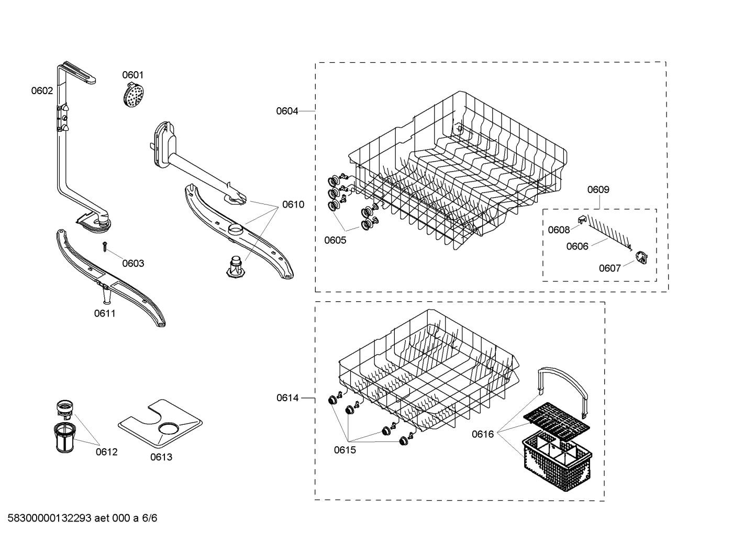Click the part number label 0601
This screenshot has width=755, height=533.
point(132,75)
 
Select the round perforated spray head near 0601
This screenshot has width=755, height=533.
point(132,96)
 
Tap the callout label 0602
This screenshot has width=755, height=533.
point(42,91)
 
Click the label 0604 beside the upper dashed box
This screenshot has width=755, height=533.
point(287,111)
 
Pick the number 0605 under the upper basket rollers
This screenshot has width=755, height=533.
point(335,241)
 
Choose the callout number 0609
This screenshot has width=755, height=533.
point(598,190)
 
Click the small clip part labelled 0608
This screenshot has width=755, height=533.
point(582,220)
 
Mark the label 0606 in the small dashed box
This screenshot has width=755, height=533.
point(577,246)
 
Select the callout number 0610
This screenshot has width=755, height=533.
point(293,205)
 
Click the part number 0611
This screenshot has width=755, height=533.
point(105,314)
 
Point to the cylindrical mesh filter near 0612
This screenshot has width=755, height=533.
point(64,437)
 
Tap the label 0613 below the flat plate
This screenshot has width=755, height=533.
point(161,457)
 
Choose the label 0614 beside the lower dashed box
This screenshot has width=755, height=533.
point(287,398)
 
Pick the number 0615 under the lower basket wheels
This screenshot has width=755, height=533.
point(345,450)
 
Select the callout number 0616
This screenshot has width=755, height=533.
point(482,434)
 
